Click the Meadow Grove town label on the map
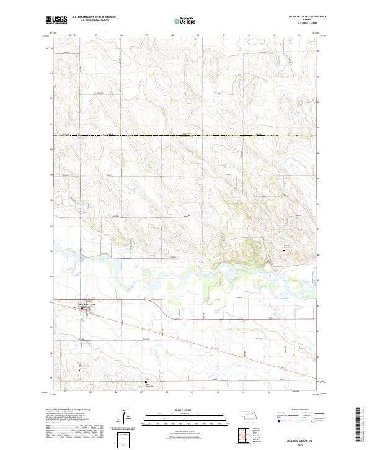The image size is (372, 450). (87, 304)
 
